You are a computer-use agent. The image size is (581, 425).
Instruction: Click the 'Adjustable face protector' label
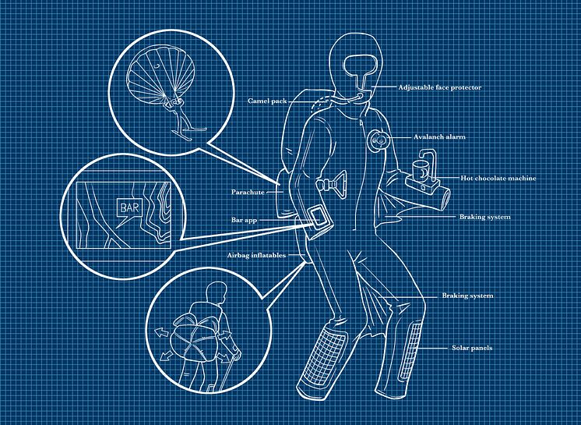[x=440, y=87]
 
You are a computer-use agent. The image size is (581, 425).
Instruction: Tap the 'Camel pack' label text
[x=267, y=101]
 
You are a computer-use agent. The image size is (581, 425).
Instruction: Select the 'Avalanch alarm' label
[x=439, y=136]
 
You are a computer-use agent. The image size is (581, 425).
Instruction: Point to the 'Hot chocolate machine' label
[x=498, y=178]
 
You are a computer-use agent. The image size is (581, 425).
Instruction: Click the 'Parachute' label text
[x=248, y=192]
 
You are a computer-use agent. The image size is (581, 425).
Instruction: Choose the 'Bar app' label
[x=244, y=220]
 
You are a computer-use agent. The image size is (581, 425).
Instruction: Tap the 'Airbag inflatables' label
[x=256, y=255]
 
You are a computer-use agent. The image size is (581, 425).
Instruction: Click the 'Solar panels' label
[x=472, y=348]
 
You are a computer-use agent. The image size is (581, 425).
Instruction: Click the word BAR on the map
[x=129, y=207]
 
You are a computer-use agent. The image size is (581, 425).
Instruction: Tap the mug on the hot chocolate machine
[x=420, y=170]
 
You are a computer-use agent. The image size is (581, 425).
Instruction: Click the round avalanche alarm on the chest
[x=379, y=140]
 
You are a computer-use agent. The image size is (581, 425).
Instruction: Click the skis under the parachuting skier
[x=189, y=133]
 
